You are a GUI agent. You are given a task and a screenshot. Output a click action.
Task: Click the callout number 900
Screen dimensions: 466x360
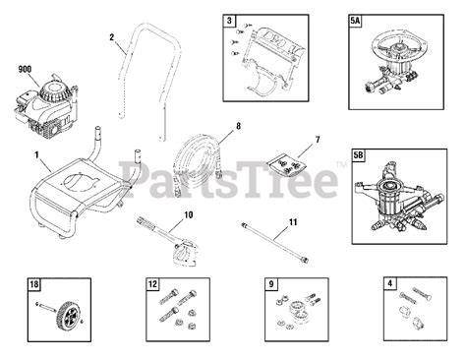click(25, 69)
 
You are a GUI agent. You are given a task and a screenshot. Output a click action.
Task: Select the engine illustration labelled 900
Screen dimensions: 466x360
click(45, 105)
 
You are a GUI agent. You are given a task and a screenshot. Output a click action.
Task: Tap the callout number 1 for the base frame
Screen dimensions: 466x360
click(36, 154)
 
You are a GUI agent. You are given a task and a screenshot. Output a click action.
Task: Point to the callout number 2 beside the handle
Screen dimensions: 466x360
click(112, 37)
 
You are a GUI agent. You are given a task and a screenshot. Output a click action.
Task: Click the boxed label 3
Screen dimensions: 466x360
click(229, 21)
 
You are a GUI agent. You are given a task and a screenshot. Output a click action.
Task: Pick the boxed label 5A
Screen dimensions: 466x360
click(355, 21)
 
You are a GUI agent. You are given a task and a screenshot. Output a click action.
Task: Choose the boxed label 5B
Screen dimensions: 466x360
click(359, 154)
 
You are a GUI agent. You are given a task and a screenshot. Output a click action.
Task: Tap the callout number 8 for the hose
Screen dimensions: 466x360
click(238, 126)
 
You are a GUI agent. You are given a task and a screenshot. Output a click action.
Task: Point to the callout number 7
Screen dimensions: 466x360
click(318, 140)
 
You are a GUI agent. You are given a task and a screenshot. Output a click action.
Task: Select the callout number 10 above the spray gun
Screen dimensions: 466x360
click(189, 215)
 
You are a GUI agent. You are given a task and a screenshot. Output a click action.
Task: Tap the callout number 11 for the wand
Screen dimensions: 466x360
click(293, 222)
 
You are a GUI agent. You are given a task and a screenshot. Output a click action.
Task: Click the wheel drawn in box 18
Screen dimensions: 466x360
click(67, 314)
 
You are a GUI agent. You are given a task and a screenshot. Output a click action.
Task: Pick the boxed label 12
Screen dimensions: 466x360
click(152, 284)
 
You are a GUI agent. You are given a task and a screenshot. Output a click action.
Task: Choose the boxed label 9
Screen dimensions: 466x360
click(271, 283)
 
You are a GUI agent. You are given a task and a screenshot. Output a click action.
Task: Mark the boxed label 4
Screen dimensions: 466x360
click(389, 283)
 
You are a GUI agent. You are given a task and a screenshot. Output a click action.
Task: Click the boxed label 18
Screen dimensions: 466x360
click(34, 284)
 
